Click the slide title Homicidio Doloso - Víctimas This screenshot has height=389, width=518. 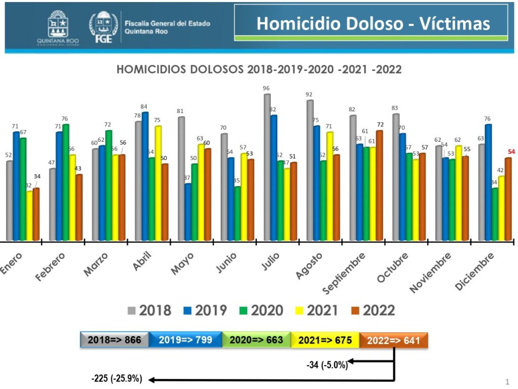(373, 24)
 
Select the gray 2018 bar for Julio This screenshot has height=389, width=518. (267, 167)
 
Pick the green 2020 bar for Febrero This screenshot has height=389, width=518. (66, 182)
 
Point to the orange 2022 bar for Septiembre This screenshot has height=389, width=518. (379, 185)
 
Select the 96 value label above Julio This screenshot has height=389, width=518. (266, 89)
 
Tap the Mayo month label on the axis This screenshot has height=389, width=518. (182, 264)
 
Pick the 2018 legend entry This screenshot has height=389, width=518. (149, 310)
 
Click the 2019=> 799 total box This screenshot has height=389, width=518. (185, 340)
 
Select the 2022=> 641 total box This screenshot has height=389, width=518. (394, 340)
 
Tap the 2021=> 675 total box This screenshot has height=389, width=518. (325, 340)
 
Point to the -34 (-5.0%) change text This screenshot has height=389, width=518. (327, 365)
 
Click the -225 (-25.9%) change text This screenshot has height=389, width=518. (117, 378)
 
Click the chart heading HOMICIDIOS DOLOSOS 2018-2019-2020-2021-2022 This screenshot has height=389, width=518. (259, 70)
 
